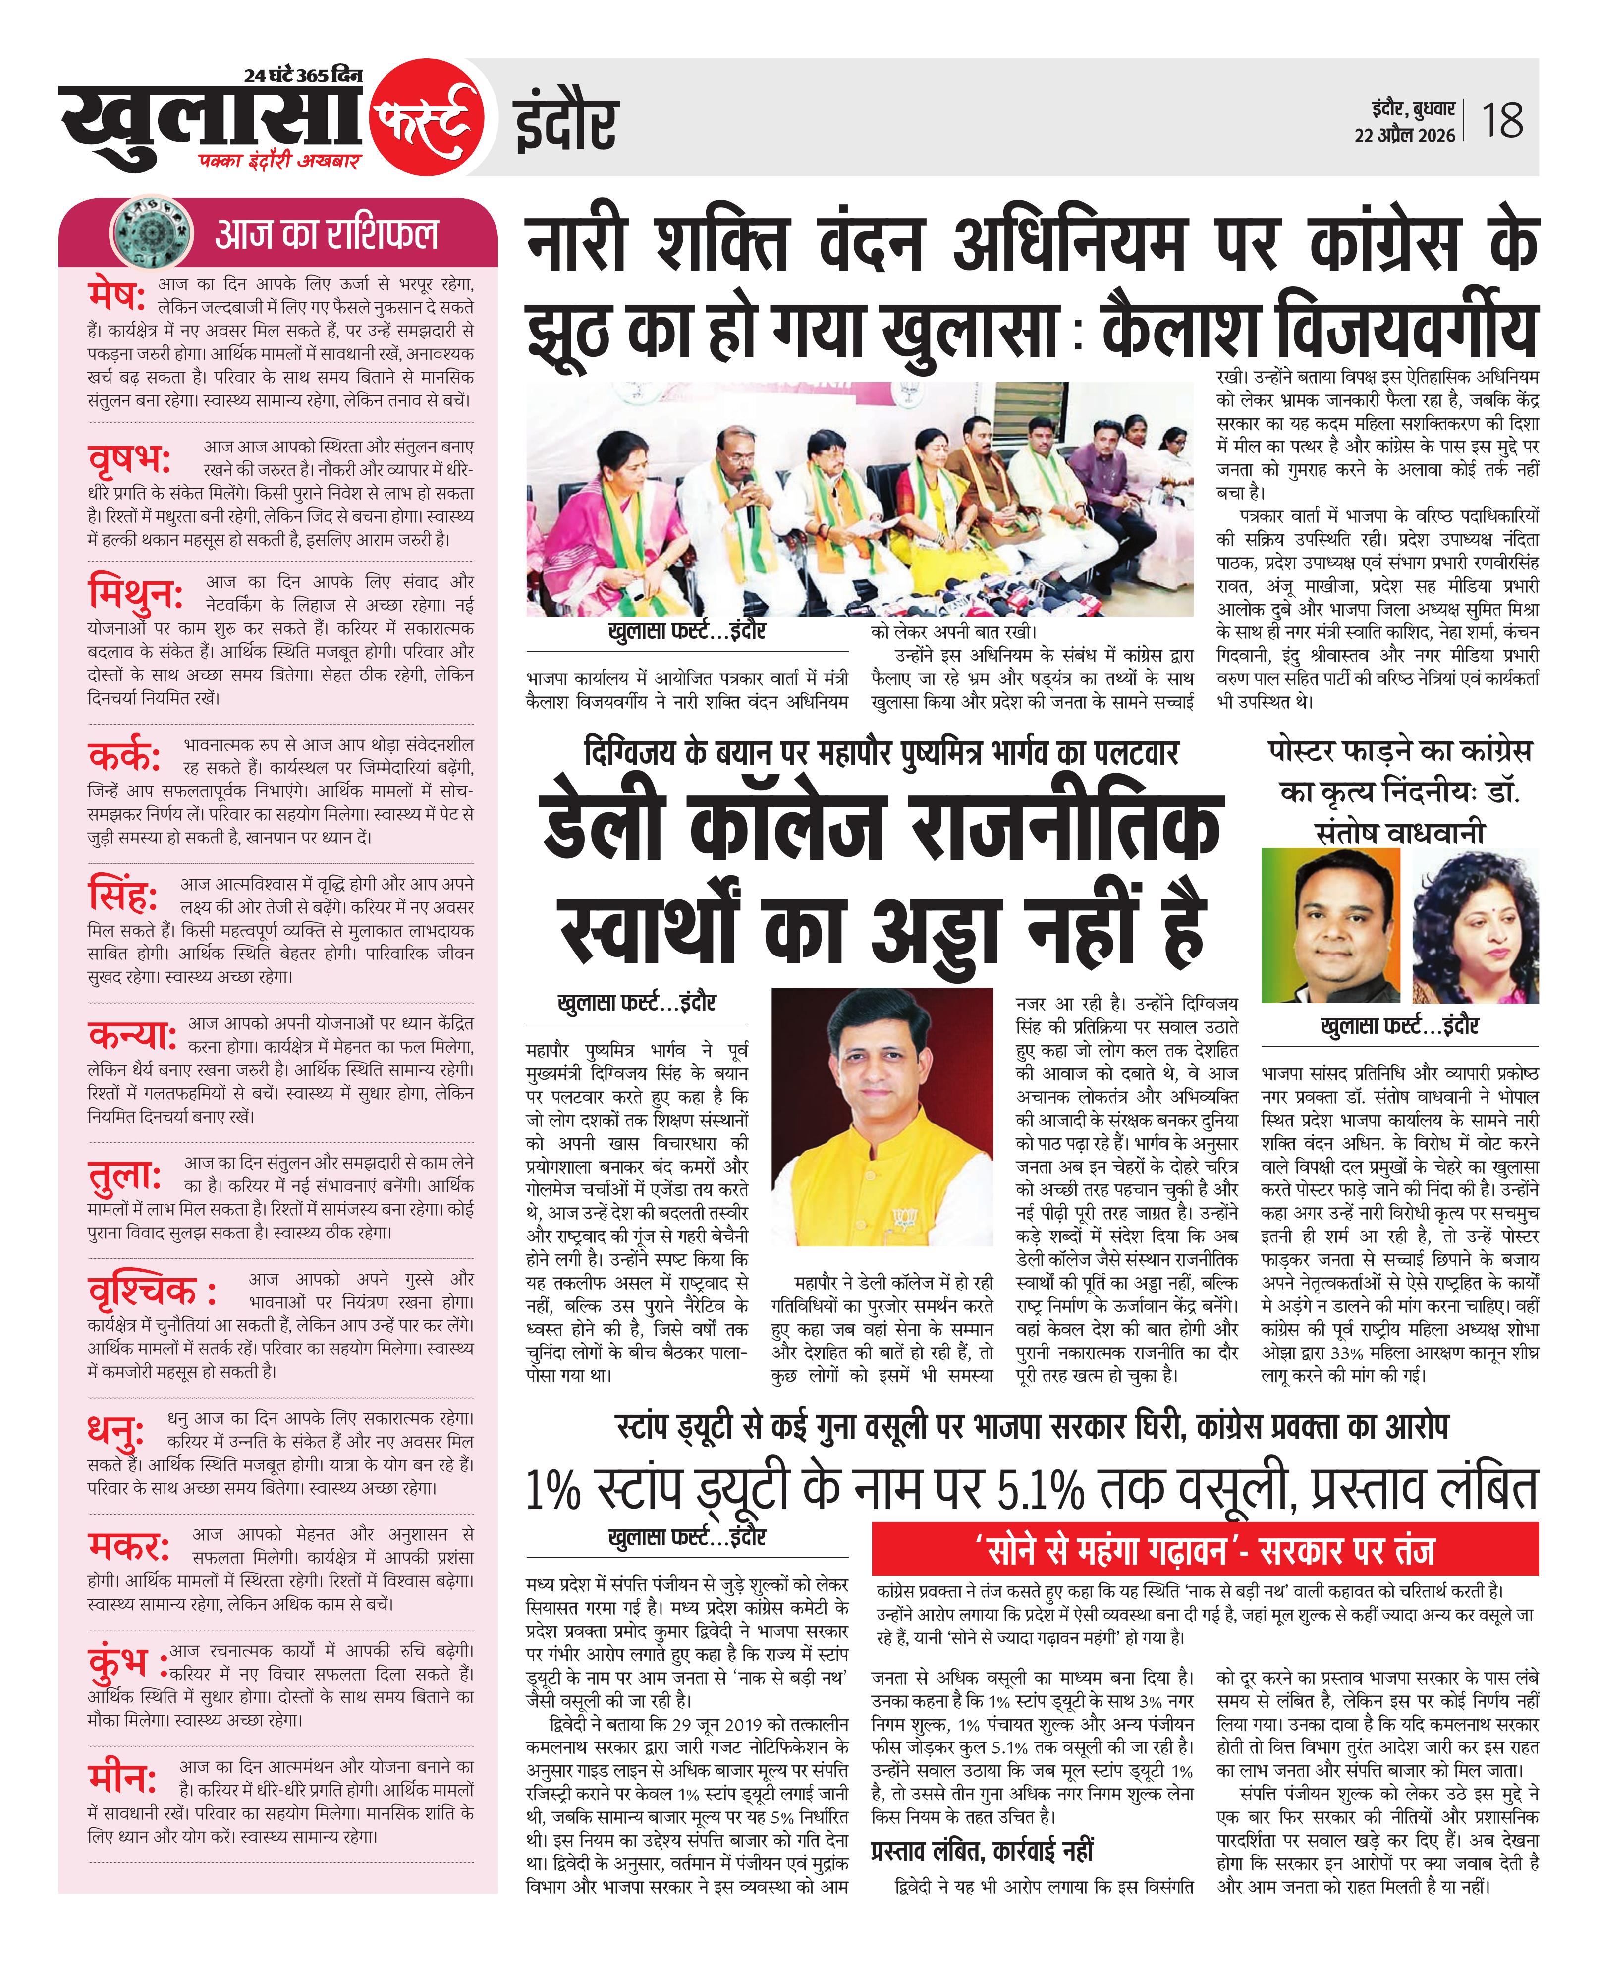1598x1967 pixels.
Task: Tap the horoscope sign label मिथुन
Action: (x=135, y=594)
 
